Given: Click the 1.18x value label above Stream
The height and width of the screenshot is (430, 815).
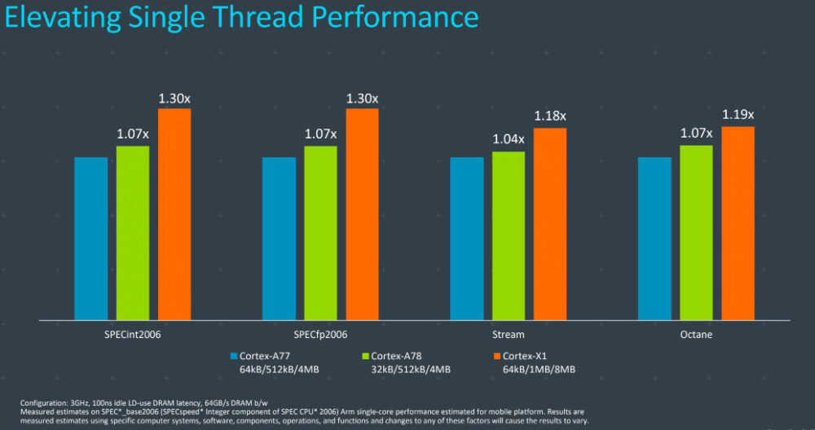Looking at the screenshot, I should coord(549,116).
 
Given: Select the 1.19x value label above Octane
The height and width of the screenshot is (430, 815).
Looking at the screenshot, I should coord(738,115).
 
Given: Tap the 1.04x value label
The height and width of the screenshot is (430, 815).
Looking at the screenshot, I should coord(509,139).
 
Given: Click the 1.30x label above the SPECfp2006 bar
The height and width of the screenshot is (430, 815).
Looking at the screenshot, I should coord(362,98).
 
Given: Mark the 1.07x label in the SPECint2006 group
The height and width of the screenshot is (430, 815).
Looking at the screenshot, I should coord(133,134).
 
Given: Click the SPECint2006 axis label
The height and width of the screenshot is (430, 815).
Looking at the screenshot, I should coord(133,335).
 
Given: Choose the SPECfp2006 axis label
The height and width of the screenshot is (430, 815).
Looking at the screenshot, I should coord(320,335).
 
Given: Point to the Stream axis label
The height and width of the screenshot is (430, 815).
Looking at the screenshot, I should coord(509,335).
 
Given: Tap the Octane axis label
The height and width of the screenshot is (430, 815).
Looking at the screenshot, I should coord(696,335).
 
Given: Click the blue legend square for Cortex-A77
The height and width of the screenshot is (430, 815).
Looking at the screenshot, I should coord(233,356).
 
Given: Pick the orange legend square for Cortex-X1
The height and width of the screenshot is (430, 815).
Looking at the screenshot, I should coord(496,356).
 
